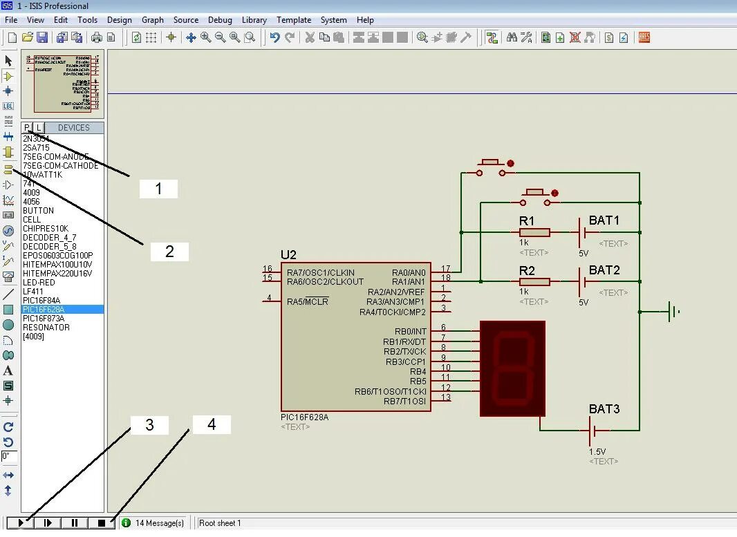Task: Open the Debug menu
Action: tap(220, 20)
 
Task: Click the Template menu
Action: tap(294, 20)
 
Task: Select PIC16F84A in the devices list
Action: tap(41, 301)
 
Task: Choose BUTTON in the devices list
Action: tap(38, 211)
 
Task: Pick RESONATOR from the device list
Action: tap(46, 328)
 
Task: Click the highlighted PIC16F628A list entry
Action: tap(45, 310)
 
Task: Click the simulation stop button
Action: tap(102, 523)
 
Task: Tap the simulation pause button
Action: tap(75, 523)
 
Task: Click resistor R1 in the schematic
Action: tap(534, 232)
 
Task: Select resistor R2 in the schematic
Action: tap(534, 281)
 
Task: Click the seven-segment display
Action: tap(512, 368)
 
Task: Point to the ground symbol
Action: tap(672, 312)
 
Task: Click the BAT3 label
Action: tap(604, 409)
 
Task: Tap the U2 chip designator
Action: tap(288, 255)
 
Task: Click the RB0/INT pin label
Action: tap(410, 332)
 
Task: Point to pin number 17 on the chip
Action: tap(446, 269)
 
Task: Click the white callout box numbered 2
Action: tap(169, 252)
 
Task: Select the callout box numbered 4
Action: tap(212, 424)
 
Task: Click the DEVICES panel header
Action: tap(74, 128)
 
